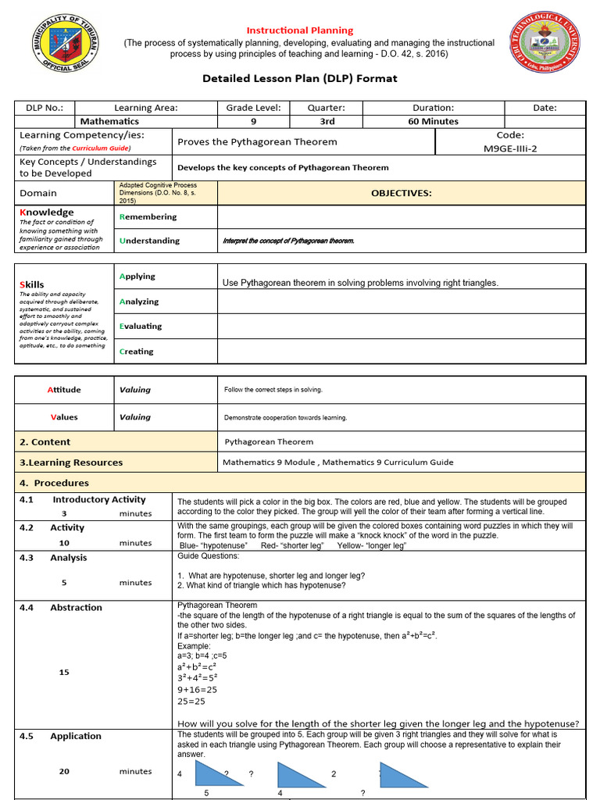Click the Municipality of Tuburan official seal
tap(65, 54)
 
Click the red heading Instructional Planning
tap(300, 30)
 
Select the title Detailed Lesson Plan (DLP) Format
tap(300, 78)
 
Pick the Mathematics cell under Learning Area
tap(109, 121)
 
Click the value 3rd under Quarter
tap(327, 121)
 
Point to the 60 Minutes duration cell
tap(433, 121)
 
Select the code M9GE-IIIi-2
tap(510, 148)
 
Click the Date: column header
tap(545, 108)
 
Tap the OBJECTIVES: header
tap(401, 193)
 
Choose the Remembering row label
tap(148, 216)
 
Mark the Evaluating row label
tap(141, 326)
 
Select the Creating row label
tap(136, 352)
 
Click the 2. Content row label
tap(45, 441)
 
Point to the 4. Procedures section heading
tap(54, 483)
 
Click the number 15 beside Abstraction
tap(64, 672)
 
